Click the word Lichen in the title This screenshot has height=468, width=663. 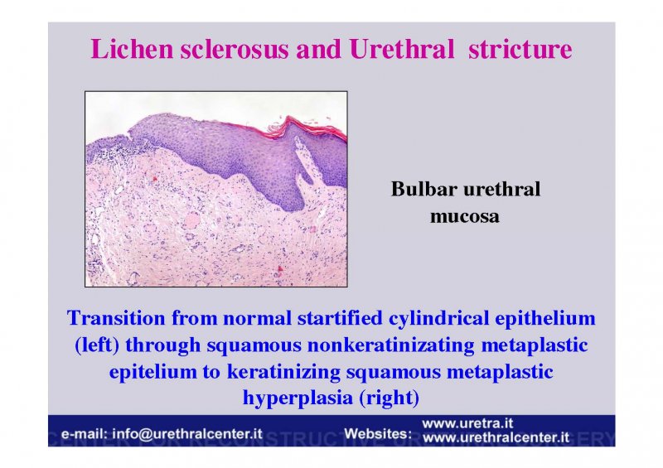[132, 49]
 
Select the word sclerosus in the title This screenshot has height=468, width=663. [235, 49]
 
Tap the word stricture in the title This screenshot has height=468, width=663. [520, 49]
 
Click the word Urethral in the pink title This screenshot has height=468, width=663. [402, 49]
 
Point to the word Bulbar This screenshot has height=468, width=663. [424, 189]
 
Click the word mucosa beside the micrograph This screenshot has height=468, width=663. [465, 216]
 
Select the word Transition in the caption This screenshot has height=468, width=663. [116, 318]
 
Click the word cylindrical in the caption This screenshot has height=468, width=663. [439, 319]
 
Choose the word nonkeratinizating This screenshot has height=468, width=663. [390, 345]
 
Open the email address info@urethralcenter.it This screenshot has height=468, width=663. [187, 434]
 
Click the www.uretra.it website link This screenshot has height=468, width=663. [467, 423]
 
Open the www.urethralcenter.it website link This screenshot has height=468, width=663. [496, 437]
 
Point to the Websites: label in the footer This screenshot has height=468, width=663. [378, 433]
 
